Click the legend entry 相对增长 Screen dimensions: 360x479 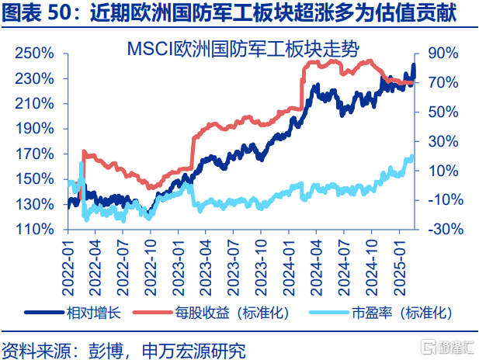(x=92, y=313)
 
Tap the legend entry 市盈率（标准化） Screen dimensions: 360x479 (x=400, y=313)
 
